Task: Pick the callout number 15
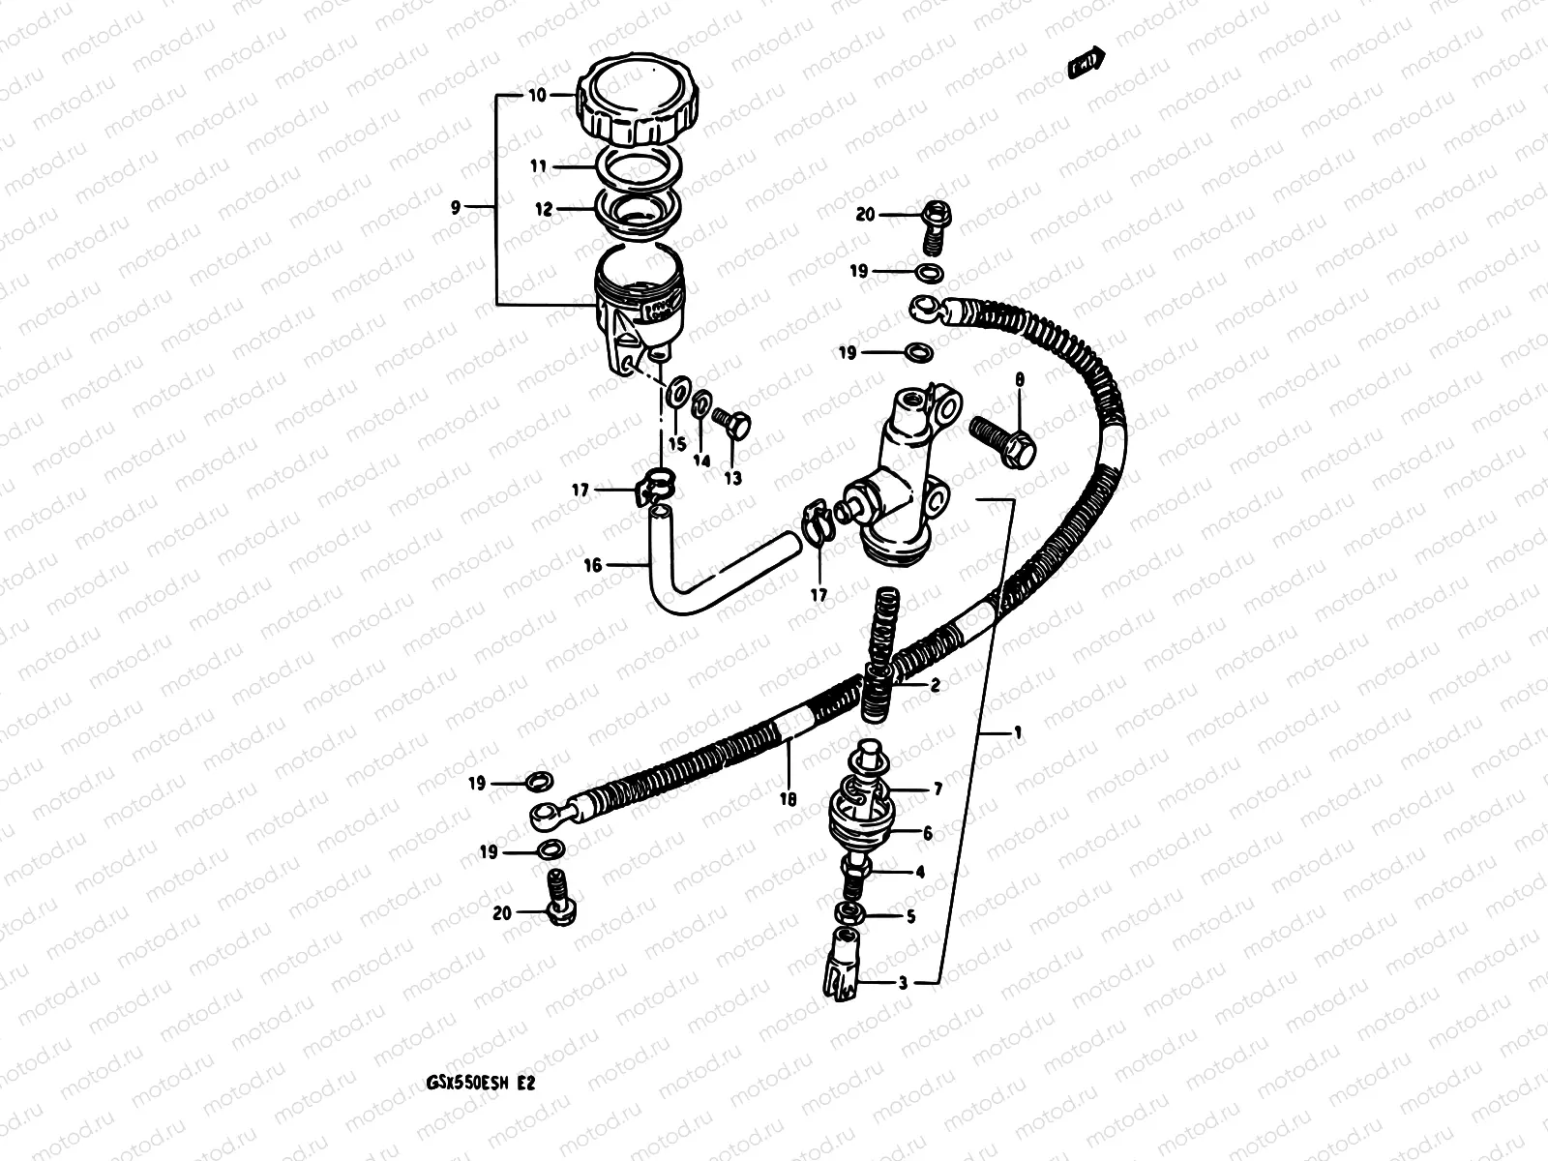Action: (676, 444)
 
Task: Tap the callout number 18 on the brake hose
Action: (788, 799)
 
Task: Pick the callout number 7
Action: (937, 790)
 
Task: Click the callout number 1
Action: (1017, 732)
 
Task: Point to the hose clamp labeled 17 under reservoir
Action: (659, 480)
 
